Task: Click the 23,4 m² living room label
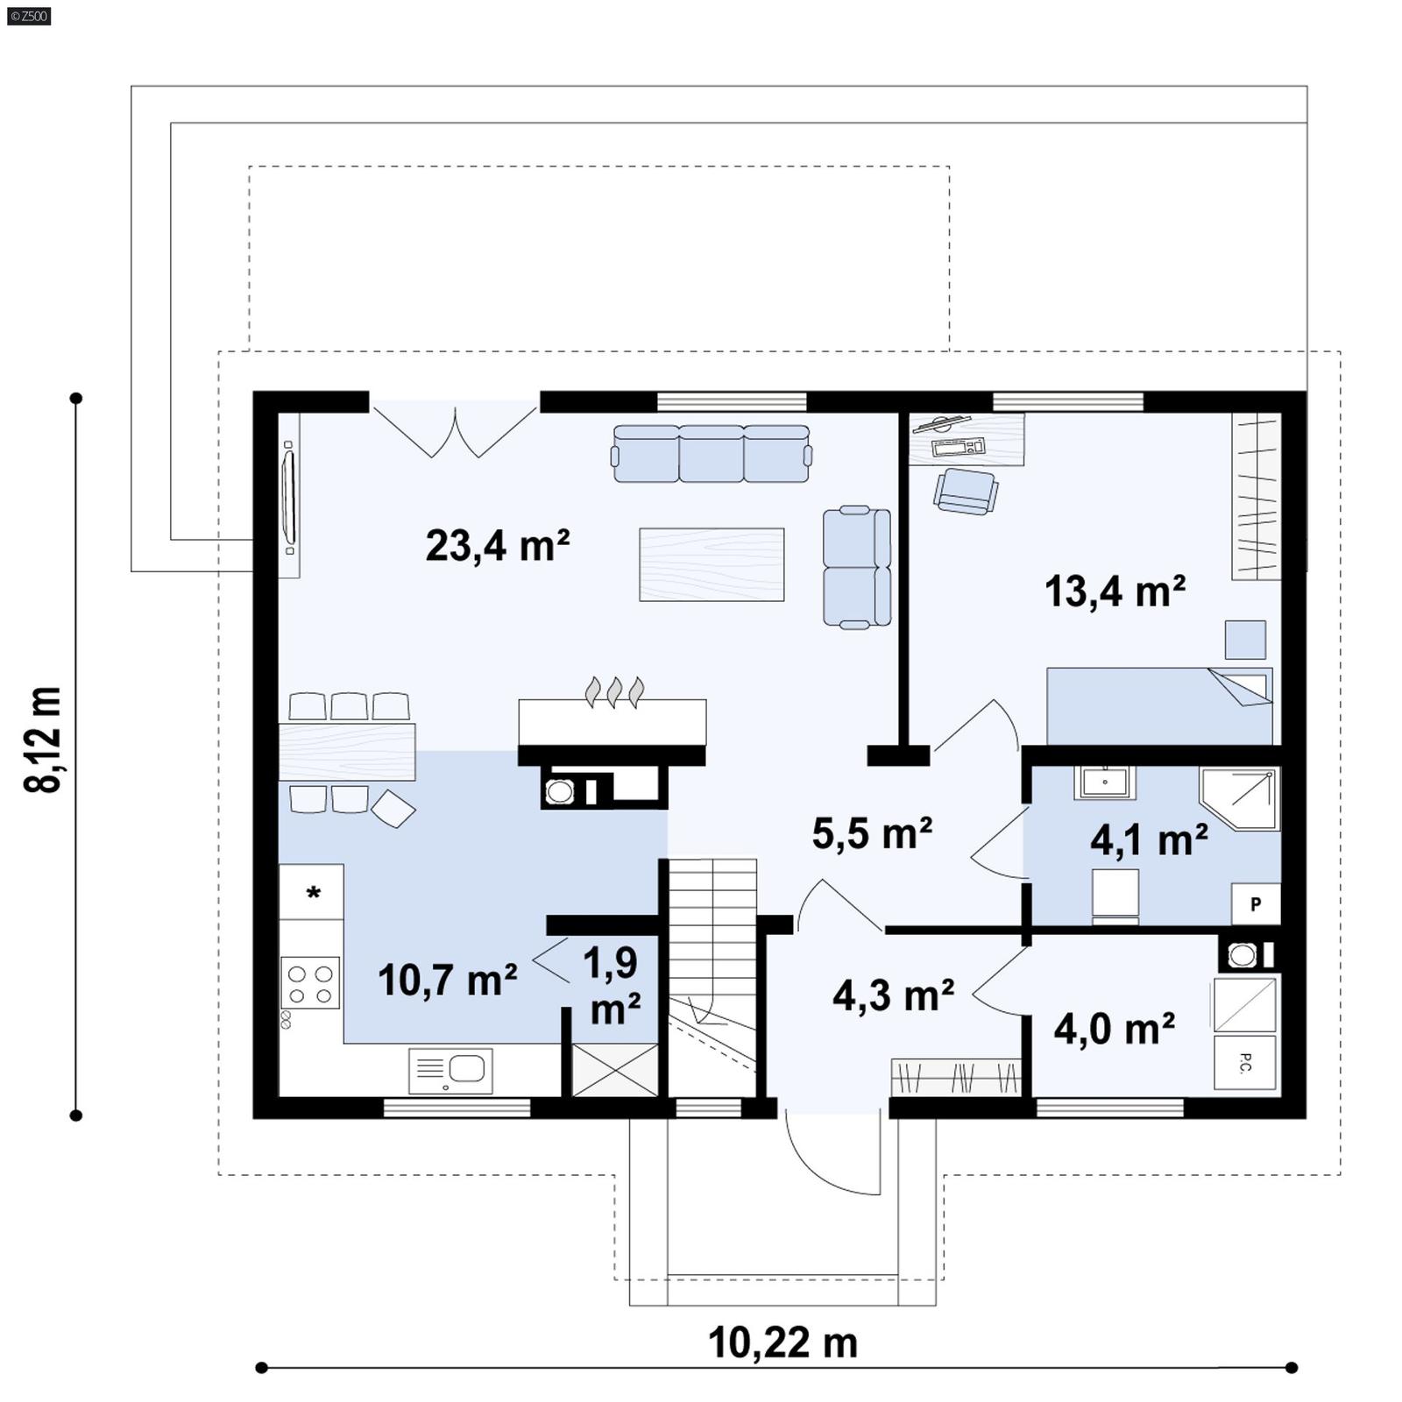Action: click(497, 545)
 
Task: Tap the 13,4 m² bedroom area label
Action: click(1115, 591)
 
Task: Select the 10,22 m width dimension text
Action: click(782, 1342)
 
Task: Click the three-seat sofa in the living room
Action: click(711, 454)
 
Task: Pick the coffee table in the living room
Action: click(711, 564)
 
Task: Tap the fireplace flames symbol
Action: click(614, 691)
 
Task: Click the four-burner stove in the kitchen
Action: click(310, 983)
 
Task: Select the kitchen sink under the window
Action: click(450, 1070)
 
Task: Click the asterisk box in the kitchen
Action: click(312, 892)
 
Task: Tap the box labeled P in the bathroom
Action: click(1255, 904)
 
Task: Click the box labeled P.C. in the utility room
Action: click(1244, 1063)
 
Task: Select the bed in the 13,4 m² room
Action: click(1158, 706)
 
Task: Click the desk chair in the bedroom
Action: click(965, 491)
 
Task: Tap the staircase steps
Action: click(712, 929)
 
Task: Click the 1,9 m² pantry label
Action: click(612, 985)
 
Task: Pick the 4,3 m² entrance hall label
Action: click(892, 995)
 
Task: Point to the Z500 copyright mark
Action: click(28, 16)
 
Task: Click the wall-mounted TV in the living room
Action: click(288, 496)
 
